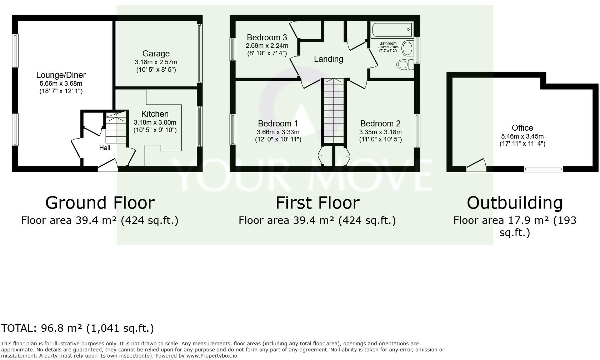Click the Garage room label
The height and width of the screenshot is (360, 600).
point(156,54)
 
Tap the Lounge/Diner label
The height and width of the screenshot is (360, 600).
point(61,75)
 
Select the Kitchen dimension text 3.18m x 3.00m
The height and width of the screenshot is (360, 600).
point(155,122)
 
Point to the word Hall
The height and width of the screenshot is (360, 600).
point(104,148)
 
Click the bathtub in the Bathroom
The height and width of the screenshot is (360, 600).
point(392,30)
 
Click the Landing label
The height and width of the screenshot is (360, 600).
point(328,59)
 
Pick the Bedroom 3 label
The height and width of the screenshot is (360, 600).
point(267,37)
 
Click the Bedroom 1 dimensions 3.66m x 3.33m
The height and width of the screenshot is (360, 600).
point(278,132)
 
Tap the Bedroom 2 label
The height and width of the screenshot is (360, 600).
point(380,124)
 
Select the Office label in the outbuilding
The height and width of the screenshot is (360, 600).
point(522,128)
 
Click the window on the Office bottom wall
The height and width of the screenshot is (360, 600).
point(543,169)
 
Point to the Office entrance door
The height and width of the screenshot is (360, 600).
point(476,165)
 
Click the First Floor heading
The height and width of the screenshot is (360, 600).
point(317,203)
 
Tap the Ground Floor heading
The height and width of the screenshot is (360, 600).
point(100,203)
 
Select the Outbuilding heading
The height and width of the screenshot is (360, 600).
point(515,203)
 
